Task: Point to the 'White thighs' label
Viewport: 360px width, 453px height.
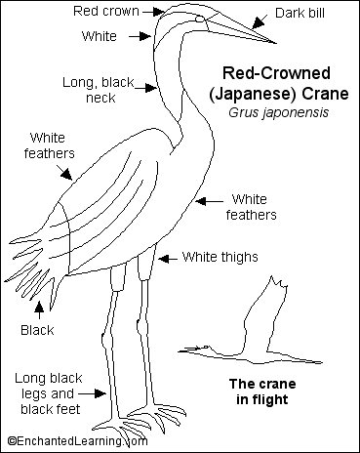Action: point(220,258)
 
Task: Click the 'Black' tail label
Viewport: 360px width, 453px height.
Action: point(37,331)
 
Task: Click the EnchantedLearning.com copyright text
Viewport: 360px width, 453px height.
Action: point(77,441)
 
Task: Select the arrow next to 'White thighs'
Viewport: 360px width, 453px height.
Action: point(167,258)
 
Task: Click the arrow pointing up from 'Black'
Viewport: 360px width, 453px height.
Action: point(40,310)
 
